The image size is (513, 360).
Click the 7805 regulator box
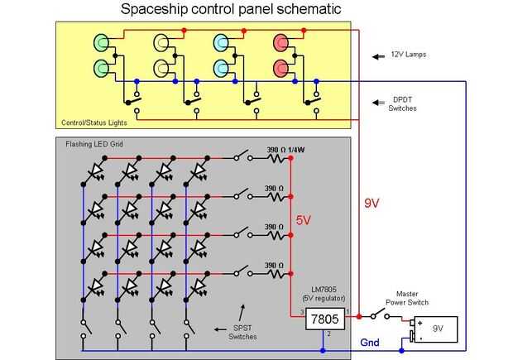point(324,319)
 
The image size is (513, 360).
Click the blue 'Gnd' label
point(370,342)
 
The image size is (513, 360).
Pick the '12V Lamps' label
point(409,55)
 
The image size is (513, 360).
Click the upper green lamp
point(103,41)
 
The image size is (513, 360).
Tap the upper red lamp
point(280,41)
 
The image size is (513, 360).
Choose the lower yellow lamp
point(162,66)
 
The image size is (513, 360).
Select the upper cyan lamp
point(221,41)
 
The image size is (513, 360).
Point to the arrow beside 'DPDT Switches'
point(375,103)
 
